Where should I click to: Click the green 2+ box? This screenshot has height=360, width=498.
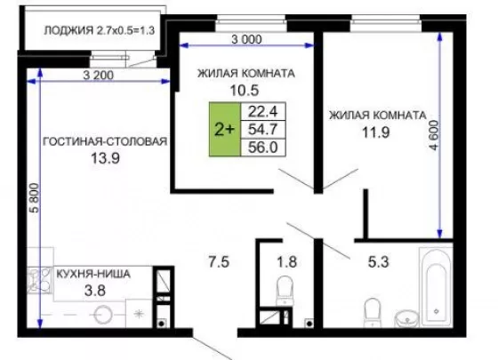[224, 129]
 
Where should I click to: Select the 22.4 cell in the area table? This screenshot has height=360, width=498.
[263, 111]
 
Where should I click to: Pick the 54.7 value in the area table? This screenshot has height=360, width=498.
[263, 129]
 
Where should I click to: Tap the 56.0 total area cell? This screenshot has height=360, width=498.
[263, 148]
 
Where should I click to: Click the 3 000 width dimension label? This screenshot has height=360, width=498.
[247, 39]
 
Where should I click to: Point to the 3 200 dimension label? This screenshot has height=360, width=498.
[98, 76]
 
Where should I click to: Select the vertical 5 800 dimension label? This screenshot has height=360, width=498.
[35, 197]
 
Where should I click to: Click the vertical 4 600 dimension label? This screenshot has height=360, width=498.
[434, 135]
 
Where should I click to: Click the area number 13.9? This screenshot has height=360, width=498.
[106, 158]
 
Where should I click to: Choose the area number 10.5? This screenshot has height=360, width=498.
[245, 91]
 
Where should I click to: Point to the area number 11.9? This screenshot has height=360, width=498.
[376, 132]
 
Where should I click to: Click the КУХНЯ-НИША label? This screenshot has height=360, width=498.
[93, 274]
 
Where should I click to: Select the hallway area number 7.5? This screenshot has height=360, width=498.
[219, 262]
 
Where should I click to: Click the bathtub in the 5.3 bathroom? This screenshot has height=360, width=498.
[436, 287]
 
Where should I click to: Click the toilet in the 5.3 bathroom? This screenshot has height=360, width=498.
[373, 312]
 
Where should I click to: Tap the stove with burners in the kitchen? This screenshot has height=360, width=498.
[40, 280]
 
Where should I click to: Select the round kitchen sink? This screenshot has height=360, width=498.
[103, 315]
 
